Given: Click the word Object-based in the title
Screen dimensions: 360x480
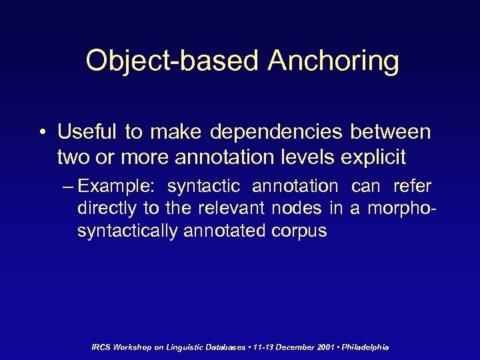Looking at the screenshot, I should (172, 61).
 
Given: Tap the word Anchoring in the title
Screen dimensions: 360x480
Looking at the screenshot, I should (333, 61).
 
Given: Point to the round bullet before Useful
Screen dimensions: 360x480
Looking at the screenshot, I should (42, 132).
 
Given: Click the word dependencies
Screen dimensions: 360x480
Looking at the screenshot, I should (279, 131).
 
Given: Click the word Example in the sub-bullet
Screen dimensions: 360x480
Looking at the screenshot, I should (116, 186).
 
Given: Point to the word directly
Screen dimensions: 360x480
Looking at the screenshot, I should (107, 209).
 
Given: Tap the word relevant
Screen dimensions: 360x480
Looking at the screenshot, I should (231, 209).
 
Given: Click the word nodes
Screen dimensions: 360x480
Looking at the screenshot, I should (296, 209).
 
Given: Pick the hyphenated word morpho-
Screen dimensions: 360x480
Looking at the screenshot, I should (400, 209).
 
